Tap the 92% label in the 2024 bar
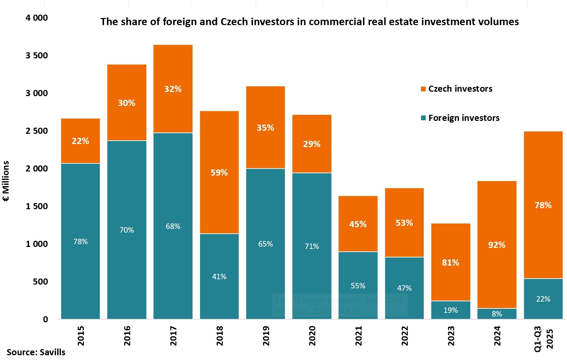[497, 245]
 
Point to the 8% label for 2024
[497, 314]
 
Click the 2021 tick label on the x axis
[359, 336]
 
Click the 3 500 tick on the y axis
[37, 55]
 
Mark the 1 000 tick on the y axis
[37, 244]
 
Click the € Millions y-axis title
[6, 181]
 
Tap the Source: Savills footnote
[36, 352]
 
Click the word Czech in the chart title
[234, 22]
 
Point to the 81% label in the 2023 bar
[451, 263]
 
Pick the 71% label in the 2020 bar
[312, 246]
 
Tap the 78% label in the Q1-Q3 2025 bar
[543, 205]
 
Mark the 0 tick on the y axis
[45, 319]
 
